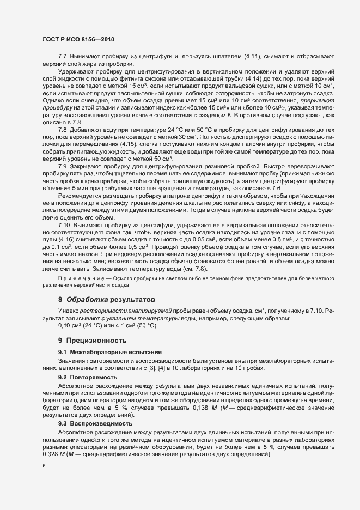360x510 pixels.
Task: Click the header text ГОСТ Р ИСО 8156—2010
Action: [75, 40]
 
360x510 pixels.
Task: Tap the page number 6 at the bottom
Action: [44, 466]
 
